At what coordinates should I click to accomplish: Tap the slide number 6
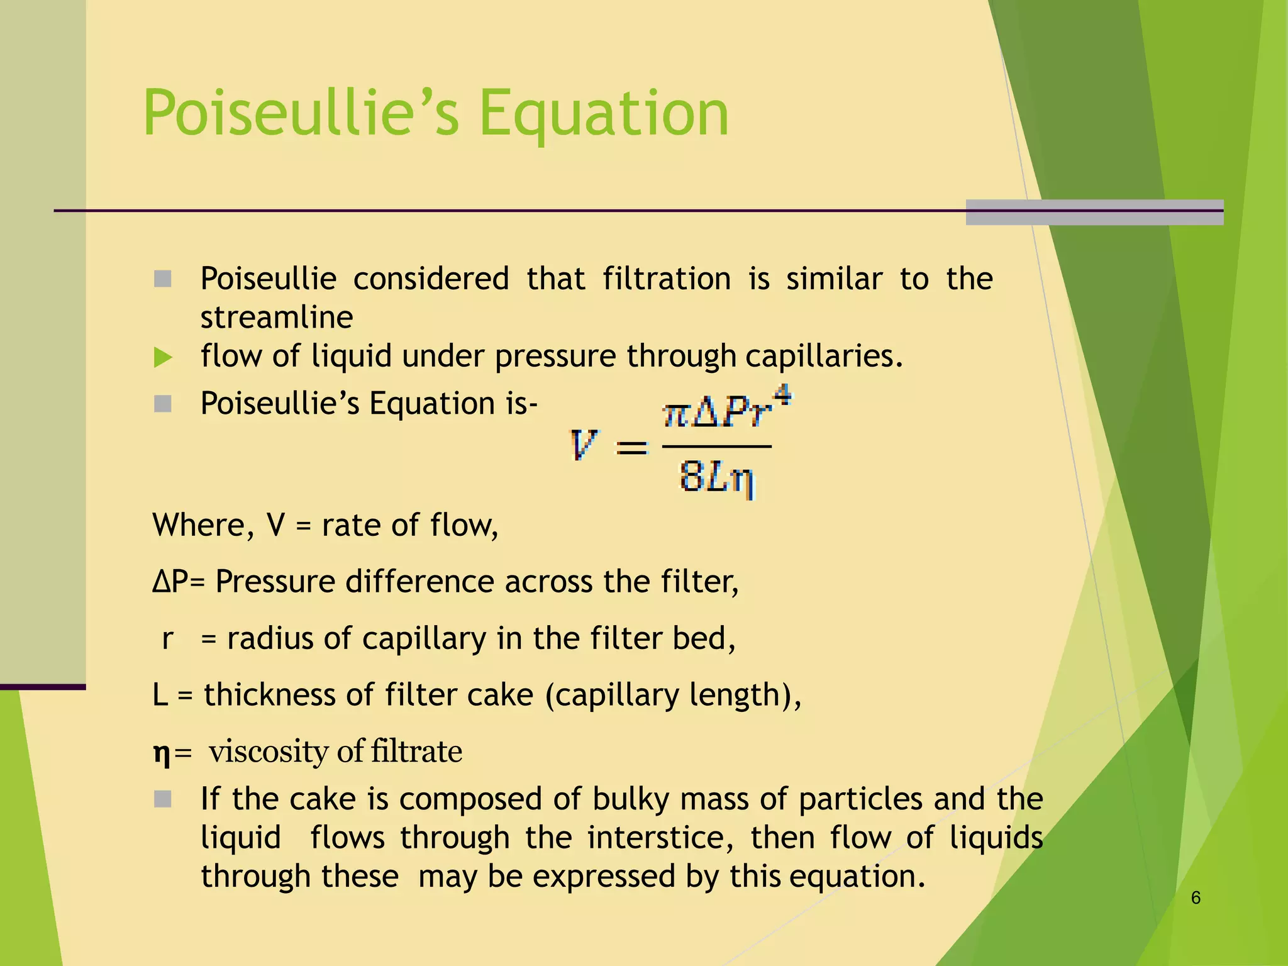(1196, 898)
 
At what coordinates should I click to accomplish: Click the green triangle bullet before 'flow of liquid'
(162, 357)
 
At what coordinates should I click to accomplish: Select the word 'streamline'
(277, 318)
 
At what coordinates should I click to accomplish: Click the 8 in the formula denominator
(691, 476)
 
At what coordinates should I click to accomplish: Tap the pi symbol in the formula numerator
(677, 415)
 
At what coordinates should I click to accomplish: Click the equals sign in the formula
(631, 448)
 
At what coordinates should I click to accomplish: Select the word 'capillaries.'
(824, 357)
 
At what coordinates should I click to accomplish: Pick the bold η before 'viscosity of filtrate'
(162, 753)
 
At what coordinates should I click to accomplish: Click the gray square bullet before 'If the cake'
(163, 799)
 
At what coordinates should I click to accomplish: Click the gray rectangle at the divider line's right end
(1094, 212)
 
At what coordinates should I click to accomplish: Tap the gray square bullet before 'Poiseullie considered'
(163, 279)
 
